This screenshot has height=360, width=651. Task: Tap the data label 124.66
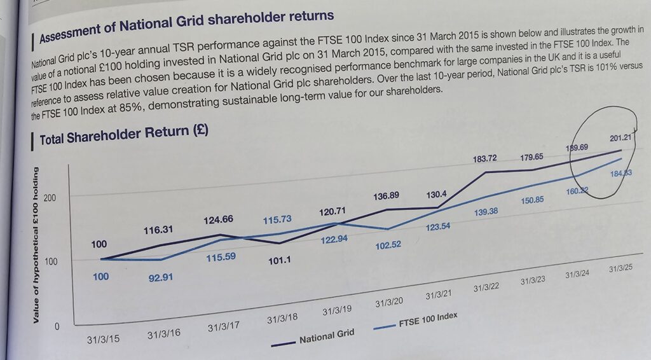click(x=218, y=219)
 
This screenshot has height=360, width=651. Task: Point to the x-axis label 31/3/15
click(x=103, y=339)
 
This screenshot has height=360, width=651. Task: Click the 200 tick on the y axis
click(x=50, y=198)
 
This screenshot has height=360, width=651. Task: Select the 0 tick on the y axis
click(x=55, y=327)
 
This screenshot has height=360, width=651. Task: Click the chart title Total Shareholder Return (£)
click(x=124, y=135)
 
